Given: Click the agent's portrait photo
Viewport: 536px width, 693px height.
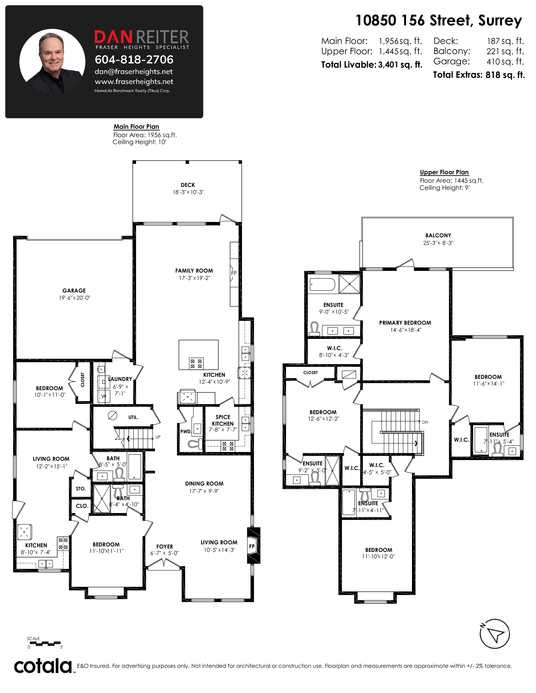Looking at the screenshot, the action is (52, 62).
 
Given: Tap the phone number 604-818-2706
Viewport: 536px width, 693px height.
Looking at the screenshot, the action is (134, 59).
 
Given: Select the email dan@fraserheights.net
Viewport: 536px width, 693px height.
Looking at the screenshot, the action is (134, 72).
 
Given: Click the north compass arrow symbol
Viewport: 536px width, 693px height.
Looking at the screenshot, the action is (494, 634).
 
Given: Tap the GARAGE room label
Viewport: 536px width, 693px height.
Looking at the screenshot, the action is (74, 291).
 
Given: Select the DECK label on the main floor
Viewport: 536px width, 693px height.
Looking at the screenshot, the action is (188, 185).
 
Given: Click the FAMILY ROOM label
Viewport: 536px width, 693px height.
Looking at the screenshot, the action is (194, 271).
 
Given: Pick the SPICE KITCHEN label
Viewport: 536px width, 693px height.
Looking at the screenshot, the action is (223, 420).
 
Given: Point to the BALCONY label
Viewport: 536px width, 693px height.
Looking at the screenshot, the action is (438, 235).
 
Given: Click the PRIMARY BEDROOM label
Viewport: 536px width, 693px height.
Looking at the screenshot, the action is (405, 323).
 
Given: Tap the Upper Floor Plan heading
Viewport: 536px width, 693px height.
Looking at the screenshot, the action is (444, 172).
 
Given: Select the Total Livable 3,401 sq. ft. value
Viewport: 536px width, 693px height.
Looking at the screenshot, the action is (400, 65).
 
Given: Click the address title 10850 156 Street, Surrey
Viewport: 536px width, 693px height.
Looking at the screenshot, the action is (438, 21).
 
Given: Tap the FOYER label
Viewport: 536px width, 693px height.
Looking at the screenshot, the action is (165, 547).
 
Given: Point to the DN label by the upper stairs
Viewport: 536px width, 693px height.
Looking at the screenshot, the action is (425, 422).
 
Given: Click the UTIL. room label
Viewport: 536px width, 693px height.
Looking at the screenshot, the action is (133, 417).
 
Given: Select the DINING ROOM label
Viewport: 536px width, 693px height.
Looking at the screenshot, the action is (204, 484).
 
